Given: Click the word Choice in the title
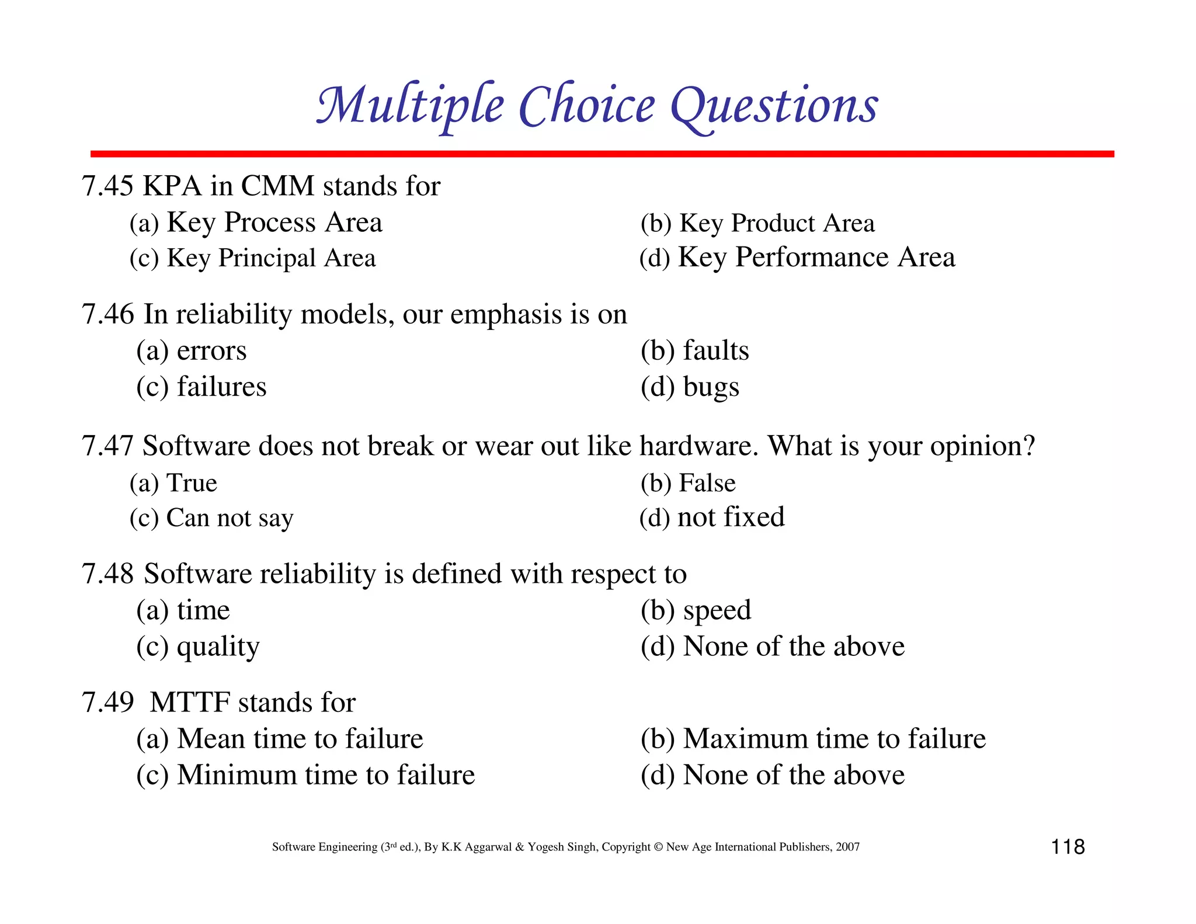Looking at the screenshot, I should pyautogui.click(x=586, y=106).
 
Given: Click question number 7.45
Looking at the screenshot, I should pyautogui.click(x=108, y=186).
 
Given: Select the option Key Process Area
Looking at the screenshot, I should pyautogui.click(x=274, y=223).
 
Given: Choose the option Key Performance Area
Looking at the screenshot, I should pyautogui.click(x=816, y=258).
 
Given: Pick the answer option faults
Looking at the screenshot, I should pyautogui.click(x=715, y=350).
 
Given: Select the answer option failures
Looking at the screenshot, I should pyautogui.click(x=221, y=387).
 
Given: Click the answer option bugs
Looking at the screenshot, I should pyautogui.click(x=711, y=387).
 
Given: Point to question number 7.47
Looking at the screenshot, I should pyautogui.click(x=108, y=446).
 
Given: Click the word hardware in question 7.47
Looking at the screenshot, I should pyautogui.click(x=698, y=446).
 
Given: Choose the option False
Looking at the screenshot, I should pyautogui.click(x=707, y=484).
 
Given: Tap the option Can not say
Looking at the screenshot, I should pyautogui.click(x=230, y=518).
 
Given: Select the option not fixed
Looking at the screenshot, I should pyautogui.click(x=731, y=517).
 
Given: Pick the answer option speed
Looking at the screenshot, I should pyautogui.click(x=717, y=611).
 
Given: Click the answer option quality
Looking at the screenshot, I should pyautogui.click(x=218, y=647).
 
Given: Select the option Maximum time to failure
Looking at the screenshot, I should pyautogui.click(x=834, y=739).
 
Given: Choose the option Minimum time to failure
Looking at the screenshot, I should pyautogui.click(x=326, y=775).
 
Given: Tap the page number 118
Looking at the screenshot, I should pyautogui.click(x=1068, y=847).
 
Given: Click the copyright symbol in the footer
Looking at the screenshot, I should pyautogui.click(x=658, y=847).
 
